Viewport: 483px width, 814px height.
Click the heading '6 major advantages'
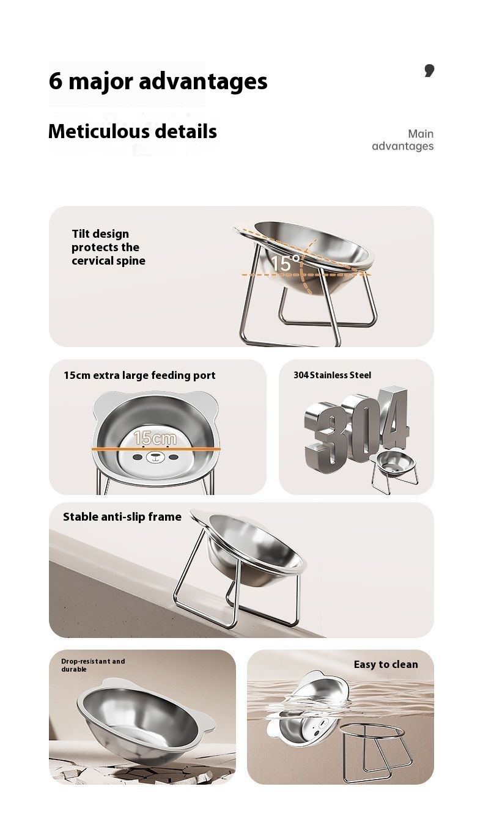[158, 81]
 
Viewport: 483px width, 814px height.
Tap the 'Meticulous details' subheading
[132, 131]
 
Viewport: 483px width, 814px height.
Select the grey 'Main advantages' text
[403, 140]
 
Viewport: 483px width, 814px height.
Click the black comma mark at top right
[429, 70]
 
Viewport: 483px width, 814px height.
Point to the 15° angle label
[286, 263]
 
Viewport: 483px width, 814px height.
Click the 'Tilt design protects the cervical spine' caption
[108, 247]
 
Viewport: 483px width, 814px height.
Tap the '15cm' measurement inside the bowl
[155, 438]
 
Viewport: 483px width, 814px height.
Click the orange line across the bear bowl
[156, 449]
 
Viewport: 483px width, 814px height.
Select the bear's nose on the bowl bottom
[155, 454]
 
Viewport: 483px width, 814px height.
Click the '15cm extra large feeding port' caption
[139, 375]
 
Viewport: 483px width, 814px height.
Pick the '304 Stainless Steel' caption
[332, 375]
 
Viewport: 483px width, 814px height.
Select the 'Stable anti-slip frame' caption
[122, 517]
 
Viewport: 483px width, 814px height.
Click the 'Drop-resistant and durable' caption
[93, 665]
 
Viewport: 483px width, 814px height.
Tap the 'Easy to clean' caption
[386, 664]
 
